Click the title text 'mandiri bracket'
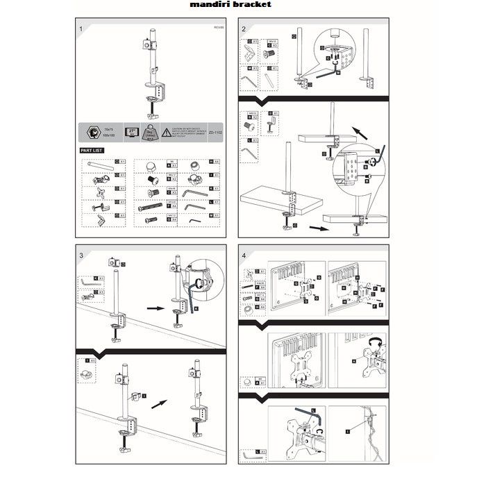[220, 4]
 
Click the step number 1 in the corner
[81, 28]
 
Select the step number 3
[81, 255]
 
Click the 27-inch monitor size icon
[133, 131]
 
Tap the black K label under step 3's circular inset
[196, 307]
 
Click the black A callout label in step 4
[353, 360]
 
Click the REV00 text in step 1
[218, 27]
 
